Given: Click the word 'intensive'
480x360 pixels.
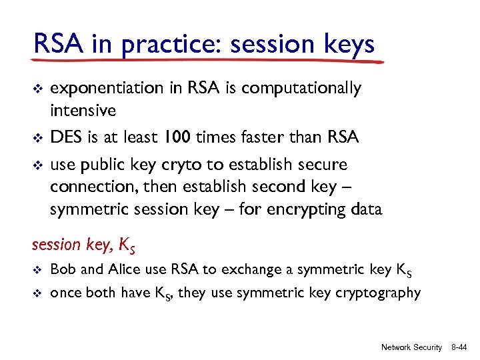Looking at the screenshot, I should click(83, 109).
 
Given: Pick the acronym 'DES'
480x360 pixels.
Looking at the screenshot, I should click(65, 137).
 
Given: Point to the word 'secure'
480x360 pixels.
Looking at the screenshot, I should click(323, 164).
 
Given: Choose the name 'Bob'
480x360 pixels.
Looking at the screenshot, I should click(62, 269).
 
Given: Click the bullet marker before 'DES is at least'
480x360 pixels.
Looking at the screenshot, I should click(37, 138).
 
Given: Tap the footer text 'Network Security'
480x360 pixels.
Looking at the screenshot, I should click(411, 347).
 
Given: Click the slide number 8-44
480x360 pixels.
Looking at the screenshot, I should click(459, 347).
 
